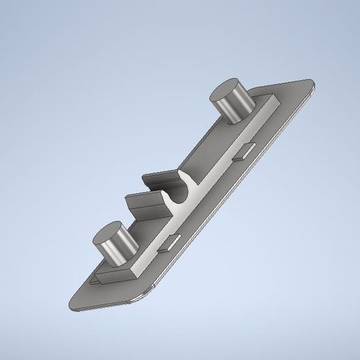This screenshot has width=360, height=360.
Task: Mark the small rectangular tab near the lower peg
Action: pyautogui.click(x=171, y=242)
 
